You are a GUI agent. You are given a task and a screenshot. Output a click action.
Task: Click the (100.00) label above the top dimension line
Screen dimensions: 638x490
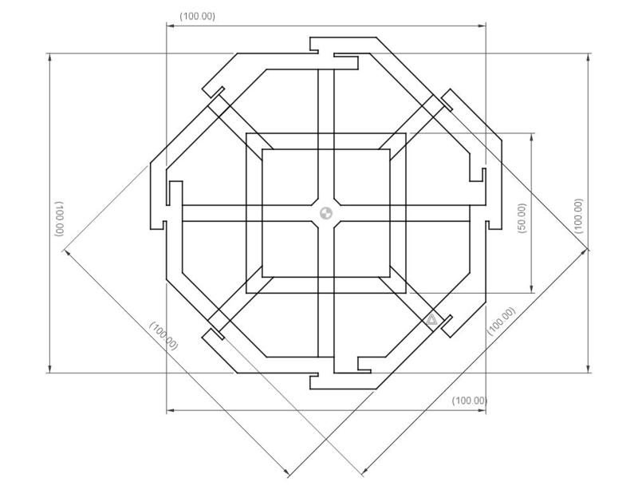click(x=197, y=16)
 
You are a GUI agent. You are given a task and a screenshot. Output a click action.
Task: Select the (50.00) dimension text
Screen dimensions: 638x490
click(x=522, y=219)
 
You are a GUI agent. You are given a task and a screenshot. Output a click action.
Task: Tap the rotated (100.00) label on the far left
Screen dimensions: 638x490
click(x=59, y=219)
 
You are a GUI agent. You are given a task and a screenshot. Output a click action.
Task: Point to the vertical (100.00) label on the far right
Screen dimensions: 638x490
click(x=578, y=216)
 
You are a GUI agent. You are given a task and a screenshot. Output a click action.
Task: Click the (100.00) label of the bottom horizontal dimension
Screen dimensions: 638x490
click(x=470, y=401)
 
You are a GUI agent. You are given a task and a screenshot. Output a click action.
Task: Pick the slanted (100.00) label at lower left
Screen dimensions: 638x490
click(x=164, y=336)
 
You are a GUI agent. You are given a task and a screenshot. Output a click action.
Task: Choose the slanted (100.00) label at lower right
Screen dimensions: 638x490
click(x=502, y=321)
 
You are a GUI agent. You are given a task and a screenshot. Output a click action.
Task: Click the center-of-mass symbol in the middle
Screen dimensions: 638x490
click(x=326, y=212)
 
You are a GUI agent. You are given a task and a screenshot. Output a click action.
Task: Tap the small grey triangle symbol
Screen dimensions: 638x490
click(x=431, y=320)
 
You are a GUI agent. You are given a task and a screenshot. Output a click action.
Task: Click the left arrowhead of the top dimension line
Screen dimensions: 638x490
click(x=171, y=26)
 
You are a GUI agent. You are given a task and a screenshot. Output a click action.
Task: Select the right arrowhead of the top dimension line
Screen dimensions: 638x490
click(x=482, y=26)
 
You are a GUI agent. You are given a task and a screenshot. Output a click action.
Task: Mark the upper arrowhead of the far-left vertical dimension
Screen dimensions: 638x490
click(x=50, y=57)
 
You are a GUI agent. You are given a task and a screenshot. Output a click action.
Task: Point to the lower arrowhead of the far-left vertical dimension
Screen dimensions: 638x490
click(x=50, y=368)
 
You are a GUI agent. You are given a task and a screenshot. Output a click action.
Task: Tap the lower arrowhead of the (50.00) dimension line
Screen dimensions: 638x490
click(x=532, y=288)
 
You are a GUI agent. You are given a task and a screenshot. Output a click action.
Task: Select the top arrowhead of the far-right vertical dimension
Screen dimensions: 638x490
click(x=588, y=57)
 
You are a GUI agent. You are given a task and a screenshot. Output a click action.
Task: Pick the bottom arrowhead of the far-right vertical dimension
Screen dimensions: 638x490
click(x=588, y=368)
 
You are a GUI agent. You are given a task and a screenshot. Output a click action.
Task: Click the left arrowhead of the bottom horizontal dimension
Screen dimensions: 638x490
click(x=171, y=410)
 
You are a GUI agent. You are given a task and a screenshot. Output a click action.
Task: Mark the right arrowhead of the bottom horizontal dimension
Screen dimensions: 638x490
click(x=482, y=410)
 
